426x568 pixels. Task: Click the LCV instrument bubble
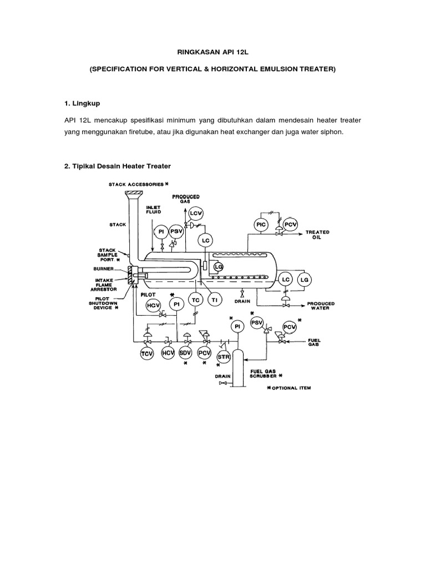coord(196,214)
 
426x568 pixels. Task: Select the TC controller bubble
coord(195,300)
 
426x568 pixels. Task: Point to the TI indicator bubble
coord(214,300)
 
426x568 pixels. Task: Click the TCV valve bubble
coord(147,353)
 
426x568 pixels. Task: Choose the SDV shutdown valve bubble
coord(186,353)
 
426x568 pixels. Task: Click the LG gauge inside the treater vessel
coord(218,266)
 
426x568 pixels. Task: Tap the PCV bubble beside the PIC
coord(290,224)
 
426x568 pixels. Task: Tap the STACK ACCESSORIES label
coord(139,184)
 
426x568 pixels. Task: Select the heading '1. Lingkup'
coord(84,103)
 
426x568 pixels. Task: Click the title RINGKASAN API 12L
coord(213,54)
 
